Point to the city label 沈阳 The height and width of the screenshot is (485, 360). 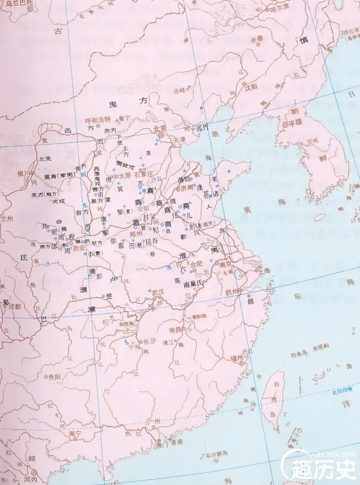(x=252, y=87)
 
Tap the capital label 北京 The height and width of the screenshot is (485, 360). (x=160, y=128)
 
